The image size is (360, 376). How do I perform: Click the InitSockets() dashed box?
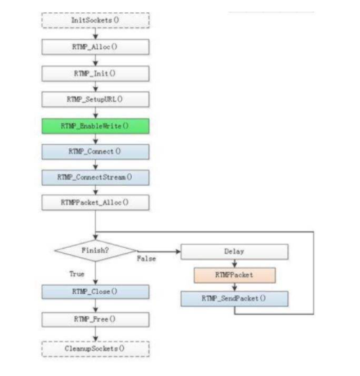tap(96, 20)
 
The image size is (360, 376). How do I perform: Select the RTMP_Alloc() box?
tap(96, 47)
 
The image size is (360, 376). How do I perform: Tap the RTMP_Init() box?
tap(96, 73)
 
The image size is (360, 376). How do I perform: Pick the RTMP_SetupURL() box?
tap(96, 99)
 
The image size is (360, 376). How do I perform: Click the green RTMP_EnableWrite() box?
tap(96, 126)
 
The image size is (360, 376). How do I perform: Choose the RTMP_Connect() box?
tap(96, 151)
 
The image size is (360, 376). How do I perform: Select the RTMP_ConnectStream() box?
tap(96, 177)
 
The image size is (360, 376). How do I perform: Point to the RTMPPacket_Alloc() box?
tap(96, 202)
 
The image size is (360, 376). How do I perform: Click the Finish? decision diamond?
tap(96, 251)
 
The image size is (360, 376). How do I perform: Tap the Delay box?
tap(235, 251)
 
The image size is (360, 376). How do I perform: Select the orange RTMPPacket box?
tap(235, 275)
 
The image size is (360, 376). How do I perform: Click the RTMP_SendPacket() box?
tap(235, 299)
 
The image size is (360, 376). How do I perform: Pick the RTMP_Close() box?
tap(96, 292)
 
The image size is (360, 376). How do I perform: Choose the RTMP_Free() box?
tap(96, 320)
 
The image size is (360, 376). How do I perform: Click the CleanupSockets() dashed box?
tap(96, 349)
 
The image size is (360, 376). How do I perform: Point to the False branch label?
tap(146, 259)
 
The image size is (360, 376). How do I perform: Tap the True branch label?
tap(77, 274)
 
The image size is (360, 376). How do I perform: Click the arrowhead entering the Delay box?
tap(178, 251)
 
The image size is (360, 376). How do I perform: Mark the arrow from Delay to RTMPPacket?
tap(235, 264)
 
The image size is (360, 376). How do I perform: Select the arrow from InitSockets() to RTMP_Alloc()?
tap(96, 34)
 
